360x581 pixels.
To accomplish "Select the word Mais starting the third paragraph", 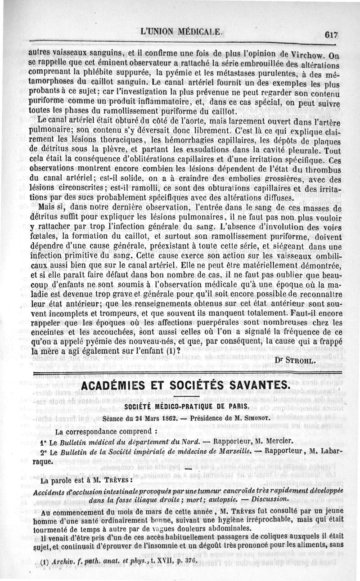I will (48, 208).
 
